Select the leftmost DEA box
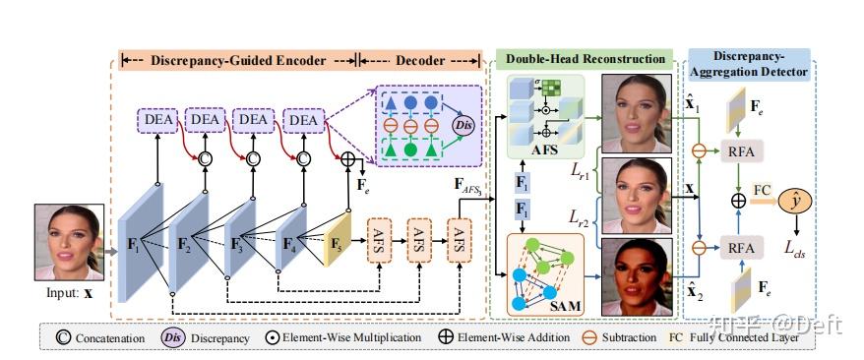(x=158, y=119)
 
